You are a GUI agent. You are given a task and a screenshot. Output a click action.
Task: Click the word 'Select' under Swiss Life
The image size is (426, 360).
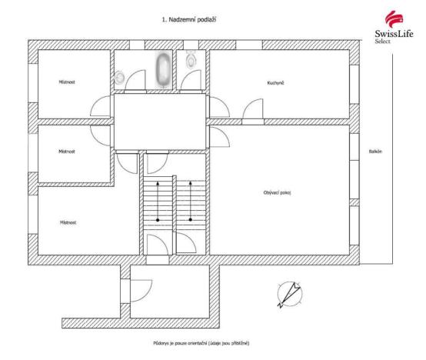coord(382,42)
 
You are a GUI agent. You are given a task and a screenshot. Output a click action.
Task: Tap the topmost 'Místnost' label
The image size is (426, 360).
coord(67,81)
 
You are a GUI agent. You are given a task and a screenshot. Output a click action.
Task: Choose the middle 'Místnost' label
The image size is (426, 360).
coord(67,152)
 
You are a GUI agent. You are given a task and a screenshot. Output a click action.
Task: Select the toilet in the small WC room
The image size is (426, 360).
coord(191,59)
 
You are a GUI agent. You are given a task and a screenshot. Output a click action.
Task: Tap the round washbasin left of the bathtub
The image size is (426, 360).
coord(120,76)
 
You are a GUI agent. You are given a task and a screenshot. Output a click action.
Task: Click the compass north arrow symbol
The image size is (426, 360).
coord(290,293)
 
